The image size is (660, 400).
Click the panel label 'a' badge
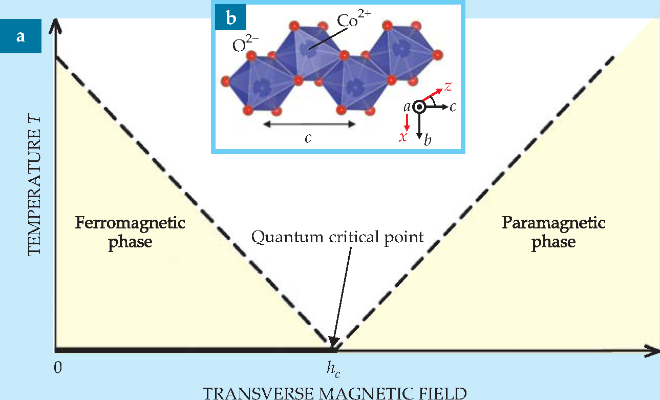tap(20, 36)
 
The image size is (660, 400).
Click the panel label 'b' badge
tap(231, 19)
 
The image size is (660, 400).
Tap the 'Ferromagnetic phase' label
tap(130, 231)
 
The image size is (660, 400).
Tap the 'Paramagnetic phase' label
tap(553, 231)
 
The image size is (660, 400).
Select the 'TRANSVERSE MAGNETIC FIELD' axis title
tap(335, 393)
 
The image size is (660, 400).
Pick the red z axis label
tap(448, 87)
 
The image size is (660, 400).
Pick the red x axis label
tap(403, 137)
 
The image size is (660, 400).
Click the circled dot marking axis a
tap(419, 107)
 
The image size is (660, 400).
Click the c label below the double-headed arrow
tap(308, 138)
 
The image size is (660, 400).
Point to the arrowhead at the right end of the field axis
tap(653, 351)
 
